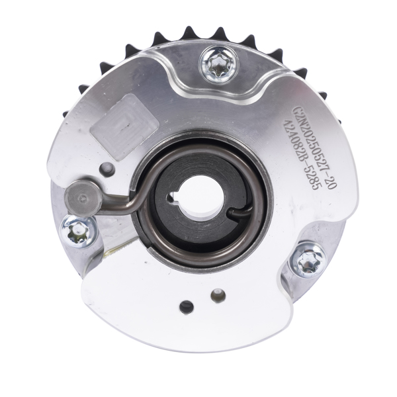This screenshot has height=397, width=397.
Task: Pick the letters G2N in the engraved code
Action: tap(299, 111)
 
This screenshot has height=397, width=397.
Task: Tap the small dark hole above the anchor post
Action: tap(104, 167)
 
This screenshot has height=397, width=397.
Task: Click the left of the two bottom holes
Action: tap(187, 306)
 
